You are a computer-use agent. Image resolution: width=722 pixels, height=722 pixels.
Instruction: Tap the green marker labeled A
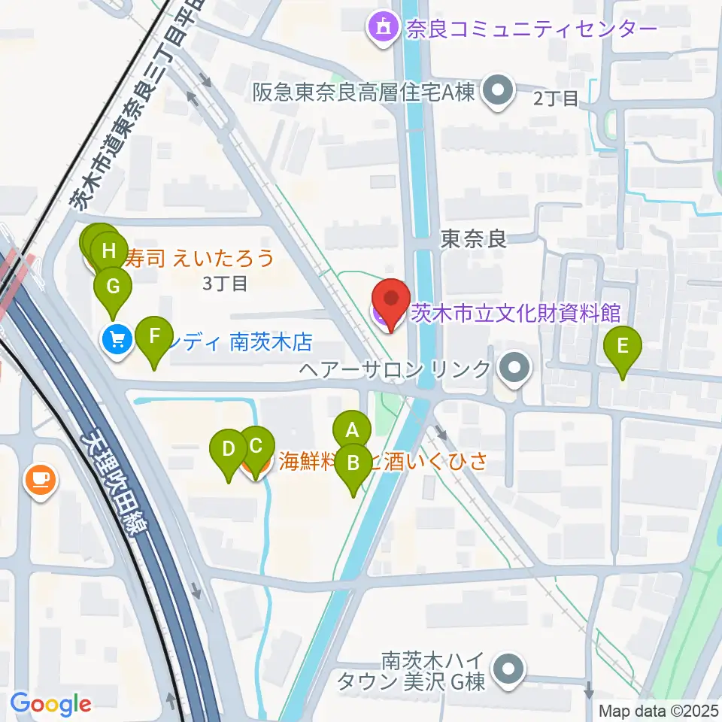point(351,432)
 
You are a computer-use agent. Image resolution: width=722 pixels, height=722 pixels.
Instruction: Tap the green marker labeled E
point(622,347)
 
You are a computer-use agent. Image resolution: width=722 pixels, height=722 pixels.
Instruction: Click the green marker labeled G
point(113,287)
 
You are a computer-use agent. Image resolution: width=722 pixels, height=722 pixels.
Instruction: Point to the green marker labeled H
point(110,250)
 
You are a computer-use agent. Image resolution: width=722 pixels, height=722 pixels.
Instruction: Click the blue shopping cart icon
point(117,341)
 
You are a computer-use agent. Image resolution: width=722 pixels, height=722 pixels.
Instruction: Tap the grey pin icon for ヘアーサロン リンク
point(514,369)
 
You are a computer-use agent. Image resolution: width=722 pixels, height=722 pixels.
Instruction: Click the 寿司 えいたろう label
point(200,259)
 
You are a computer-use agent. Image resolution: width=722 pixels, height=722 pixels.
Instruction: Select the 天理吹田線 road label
point(117,482)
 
